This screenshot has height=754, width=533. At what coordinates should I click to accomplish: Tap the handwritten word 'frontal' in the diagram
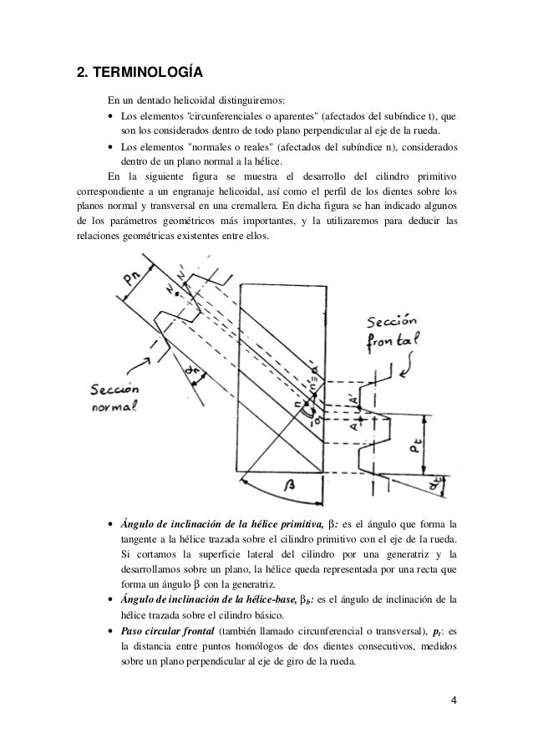tap(397, 342)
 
